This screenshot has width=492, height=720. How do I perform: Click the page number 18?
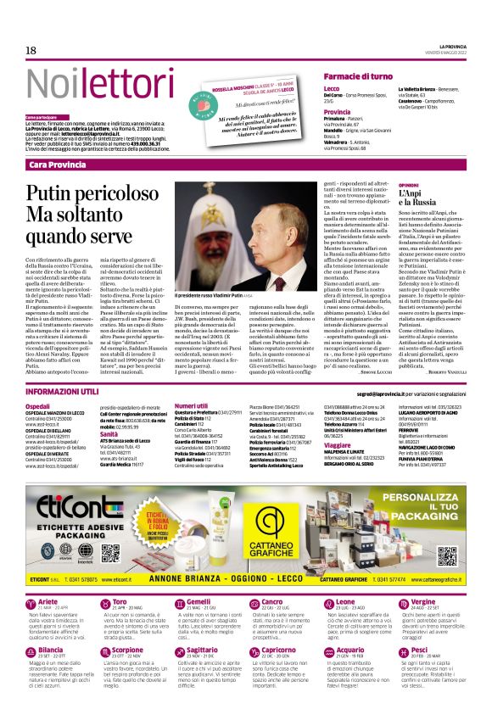(x=31, y=51)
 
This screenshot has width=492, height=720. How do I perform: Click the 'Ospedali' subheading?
(x=37, y=408)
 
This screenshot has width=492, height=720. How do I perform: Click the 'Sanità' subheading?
(x=109, y=433)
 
